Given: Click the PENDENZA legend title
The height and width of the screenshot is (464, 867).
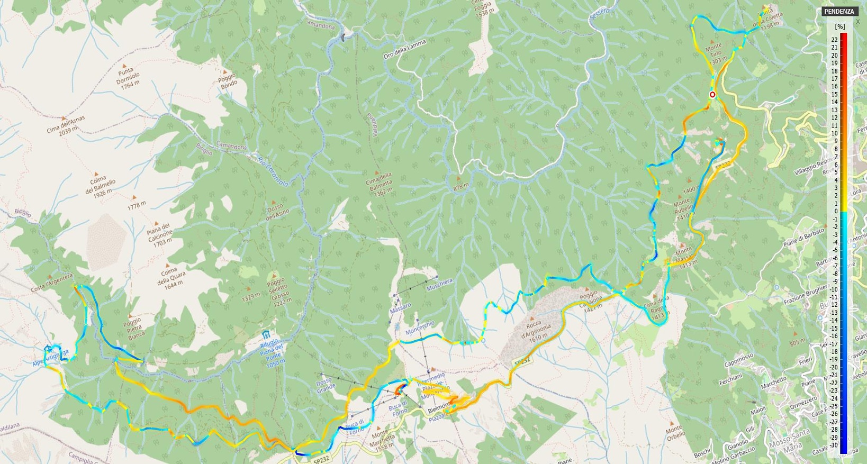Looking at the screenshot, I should [839, 11].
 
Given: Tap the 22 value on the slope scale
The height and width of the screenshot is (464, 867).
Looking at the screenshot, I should [835, 40].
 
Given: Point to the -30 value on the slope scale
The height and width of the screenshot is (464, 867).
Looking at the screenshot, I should [834, 445].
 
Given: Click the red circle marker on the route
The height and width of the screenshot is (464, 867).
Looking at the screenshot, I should [712, 95].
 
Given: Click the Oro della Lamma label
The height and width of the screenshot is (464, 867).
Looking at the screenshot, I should [405, 50].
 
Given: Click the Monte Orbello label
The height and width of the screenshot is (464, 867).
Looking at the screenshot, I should [675, 432].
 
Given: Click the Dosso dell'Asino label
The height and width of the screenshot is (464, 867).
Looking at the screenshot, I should [278, 211].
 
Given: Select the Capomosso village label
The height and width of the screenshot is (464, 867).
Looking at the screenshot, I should [738, 360].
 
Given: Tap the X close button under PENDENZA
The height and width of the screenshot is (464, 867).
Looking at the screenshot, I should [857, 22].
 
